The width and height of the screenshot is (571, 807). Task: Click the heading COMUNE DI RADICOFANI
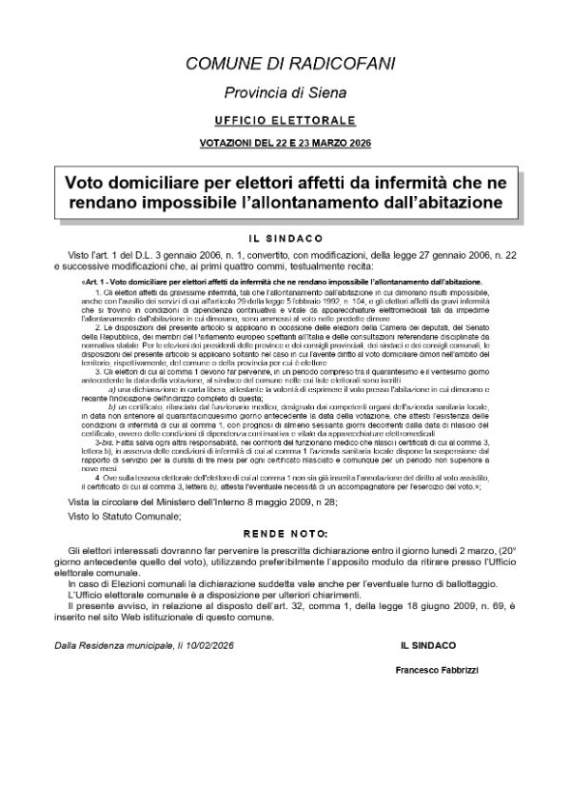click(x=285, y=64)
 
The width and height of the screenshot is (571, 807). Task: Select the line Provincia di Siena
click(x=285, y=93)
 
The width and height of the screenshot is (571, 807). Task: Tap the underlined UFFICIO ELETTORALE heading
click(x=285, y=122)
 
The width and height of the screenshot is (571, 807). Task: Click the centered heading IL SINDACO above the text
click(x=285, y=239)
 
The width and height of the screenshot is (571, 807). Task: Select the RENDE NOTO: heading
click(x=285, y=533)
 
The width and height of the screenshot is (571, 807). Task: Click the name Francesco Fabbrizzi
click(x=436, y=670)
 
